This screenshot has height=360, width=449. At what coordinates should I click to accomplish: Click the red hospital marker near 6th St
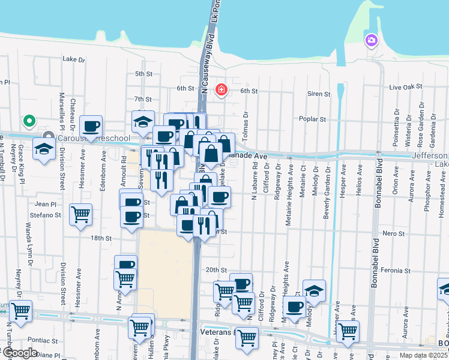(221, 90)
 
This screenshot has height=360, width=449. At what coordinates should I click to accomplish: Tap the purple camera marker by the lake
(372, 40)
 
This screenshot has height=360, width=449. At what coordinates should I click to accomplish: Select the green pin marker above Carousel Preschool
(28, 121)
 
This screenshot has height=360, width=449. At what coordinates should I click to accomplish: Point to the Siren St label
(318, 94)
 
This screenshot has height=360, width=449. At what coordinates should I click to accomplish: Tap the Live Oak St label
(403, 88)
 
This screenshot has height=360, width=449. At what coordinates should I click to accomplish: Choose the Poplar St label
(313, 119)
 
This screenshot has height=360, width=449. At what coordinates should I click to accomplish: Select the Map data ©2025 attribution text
(424, 355)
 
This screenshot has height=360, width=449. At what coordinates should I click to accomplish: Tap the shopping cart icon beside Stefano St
(80, 214)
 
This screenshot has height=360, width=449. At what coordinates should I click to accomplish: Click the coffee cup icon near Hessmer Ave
(91, 126)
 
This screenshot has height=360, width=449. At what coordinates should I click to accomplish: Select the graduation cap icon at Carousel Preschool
(44, 149)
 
